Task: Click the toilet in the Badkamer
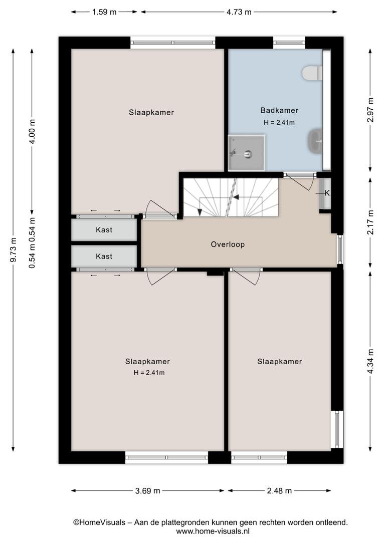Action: coord(312,73)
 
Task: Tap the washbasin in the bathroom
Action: coord(315,141)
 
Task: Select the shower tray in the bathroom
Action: coord(247,153)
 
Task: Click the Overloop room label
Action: coord(228,244)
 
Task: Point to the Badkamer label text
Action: coord(279,110)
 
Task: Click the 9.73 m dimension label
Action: coord(13,250)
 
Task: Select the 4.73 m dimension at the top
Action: coord(239,12)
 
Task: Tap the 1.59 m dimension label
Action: coord(104,12)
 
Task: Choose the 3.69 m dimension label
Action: coord(148,490)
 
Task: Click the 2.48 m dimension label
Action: coord(279,490)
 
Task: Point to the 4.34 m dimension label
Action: coord(370,361)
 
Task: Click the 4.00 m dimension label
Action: coord(32,131)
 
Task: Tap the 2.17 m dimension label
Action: coord(370,222)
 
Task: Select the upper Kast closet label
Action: coord(104,230)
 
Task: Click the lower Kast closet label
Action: coord(104,256)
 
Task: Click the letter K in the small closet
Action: coord(327,193)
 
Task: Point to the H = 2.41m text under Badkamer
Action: coord(279,123)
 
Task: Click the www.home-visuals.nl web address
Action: coord(213,531)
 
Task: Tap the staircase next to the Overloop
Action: coord(231,197)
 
